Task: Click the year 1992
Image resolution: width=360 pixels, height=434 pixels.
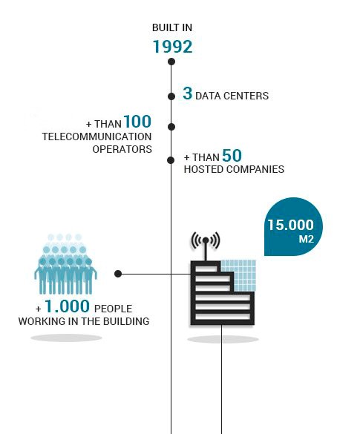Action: [172, 47]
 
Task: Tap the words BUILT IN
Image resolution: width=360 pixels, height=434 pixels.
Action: [172, 27]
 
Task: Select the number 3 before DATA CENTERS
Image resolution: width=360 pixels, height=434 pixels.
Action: [188, 93]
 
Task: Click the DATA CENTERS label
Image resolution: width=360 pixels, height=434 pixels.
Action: [232, 96]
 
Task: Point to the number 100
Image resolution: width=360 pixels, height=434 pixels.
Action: [137, 122]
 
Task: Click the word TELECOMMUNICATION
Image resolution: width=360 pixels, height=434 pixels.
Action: [97, 137]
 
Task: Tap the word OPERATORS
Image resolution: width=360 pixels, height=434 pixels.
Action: [122, 149]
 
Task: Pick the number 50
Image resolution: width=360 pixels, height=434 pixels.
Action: [232, 155]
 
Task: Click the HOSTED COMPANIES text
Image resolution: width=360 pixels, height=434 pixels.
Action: [234, 169]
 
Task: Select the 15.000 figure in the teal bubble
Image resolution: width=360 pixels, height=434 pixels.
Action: [290, 225]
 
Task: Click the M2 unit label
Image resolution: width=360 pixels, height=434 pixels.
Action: [307, 239]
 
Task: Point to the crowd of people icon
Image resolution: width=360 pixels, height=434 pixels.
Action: [65, 264]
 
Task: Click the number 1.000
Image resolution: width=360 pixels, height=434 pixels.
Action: [67, 306]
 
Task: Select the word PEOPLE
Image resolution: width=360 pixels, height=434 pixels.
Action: [113, 309]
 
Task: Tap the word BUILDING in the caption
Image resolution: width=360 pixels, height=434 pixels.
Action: [126, 321]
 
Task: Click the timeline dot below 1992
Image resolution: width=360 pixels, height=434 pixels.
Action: [171, 62]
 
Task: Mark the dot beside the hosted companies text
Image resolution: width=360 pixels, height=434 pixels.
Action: [171, 160]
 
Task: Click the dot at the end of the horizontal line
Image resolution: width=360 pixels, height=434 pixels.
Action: [118, 274]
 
